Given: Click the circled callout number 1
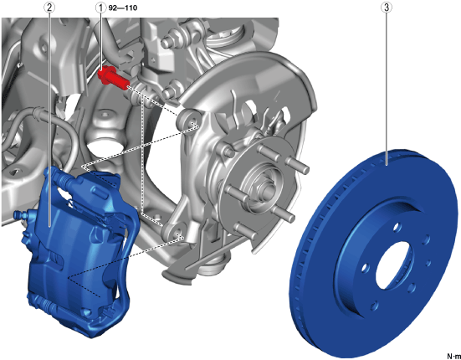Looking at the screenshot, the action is point(101,8).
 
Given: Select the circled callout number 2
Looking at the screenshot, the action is point(49,8).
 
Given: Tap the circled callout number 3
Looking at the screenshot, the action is point(387,8).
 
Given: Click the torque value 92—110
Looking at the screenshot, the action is point(123,8).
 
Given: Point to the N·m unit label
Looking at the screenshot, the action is point(453,356).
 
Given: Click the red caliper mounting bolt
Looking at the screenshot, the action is point(114,78).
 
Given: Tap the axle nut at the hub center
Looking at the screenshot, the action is point(268,191).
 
